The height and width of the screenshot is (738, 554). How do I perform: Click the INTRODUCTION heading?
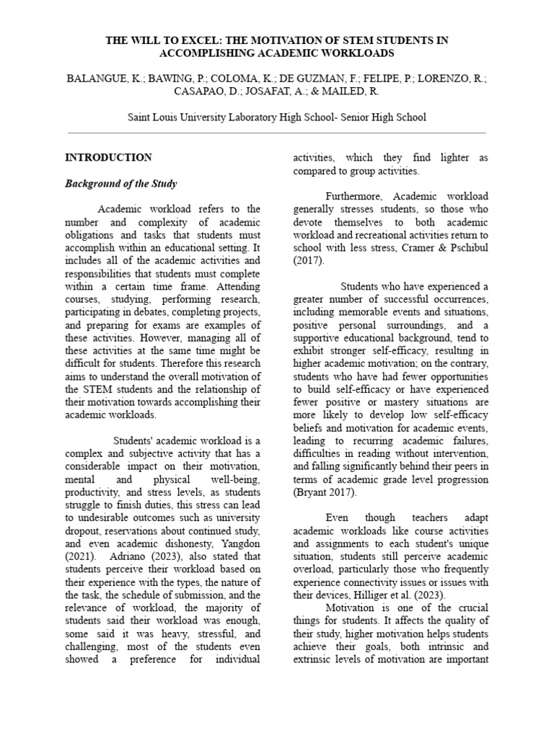(x=108, y=157)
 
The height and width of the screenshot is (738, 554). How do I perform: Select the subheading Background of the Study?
(x=120, y=184)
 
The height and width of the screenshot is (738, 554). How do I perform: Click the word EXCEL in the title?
(x=191, y=40)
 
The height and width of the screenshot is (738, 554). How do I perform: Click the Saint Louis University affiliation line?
(x=276, y=117)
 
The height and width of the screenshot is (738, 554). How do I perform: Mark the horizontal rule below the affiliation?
(x=276, y=133)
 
